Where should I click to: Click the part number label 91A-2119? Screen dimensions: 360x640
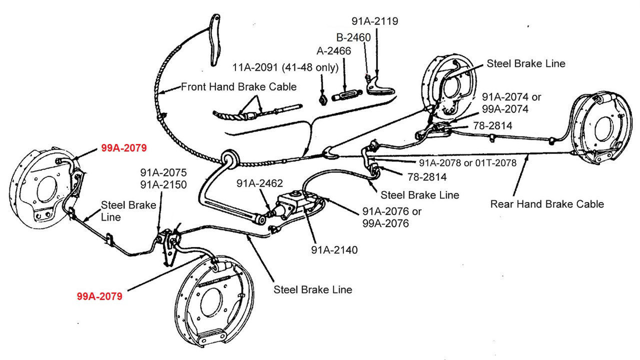pos(374,21)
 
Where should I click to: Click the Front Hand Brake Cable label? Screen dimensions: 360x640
pos(238,86)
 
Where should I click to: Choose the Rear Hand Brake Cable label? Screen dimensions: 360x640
pos(547,203)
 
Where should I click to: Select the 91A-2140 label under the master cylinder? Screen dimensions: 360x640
pos(334,249)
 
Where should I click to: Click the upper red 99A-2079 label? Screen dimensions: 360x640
pos(123,148)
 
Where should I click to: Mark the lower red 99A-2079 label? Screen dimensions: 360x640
pos(99,296)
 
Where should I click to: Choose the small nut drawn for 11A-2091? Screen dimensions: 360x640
pos(323,98)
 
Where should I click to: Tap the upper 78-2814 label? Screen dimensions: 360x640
pos(493,126)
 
